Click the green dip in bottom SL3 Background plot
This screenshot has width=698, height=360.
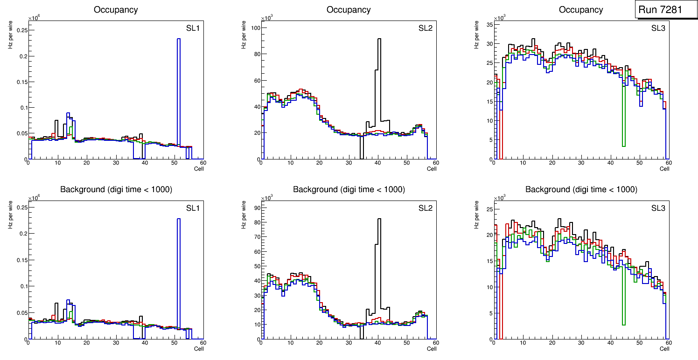(623, 298)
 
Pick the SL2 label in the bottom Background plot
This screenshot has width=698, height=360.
(426, 208)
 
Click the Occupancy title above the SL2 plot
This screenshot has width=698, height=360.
(349, 10)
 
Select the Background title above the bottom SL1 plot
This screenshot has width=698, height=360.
(116, 189)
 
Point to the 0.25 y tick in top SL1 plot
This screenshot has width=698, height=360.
(21, 30)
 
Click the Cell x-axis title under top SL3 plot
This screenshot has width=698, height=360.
(664, 168)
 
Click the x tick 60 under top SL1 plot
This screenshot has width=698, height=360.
(202, 163)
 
